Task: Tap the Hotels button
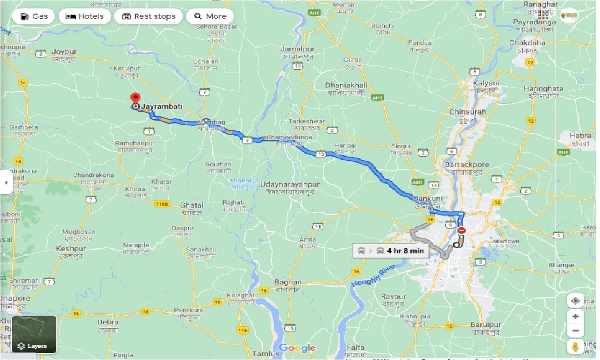85,16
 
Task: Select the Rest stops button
148,16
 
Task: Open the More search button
210,16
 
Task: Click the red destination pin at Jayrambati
136,99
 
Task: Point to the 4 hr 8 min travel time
405,251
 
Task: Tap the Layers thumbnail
34,334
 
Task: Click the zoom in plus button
576,317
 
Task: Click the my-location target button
576,301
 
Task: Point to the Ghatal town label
192,205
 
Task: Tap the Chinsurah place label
467,112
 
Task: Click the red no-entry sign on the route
462,230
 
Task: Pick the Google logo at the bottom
297,348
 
